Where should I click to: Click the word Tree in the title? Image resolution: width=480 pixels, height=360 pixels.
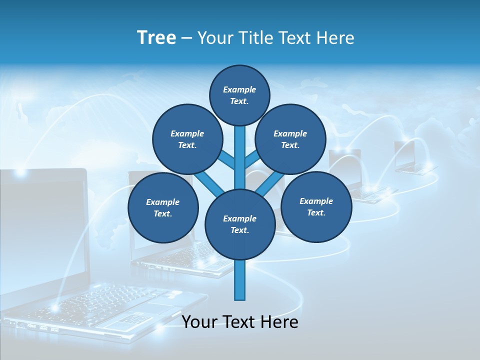point(156,38)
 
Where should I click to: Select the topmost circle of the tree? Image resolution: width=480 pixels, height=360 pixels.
point(239,95)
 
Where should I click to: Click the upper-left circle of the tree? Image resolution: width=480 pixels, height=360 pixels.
point(187,139)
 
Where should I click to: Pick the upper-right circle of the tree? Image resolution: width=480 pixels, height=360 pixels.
point(290,139)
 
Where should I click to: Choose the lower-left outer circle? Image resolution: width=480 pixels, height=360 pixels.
point(162,207)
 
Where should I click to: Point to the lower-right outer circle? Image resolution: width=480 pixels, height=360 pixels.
point(316,206)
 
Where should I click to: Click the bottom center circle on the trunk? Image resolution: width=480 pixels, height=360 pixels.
point(239,224)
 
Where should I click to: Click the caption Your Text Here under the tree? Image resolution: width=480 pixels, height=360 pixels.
point(240,322)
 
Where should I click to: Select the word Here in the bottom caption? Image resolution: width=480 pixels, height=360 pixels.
point(279,322)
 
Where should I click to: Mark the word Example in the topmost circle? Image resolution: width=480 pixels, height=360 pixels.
point(239,89)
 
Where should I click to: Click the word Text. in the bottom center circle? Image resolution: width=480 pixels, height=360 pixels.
point(239,230)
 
